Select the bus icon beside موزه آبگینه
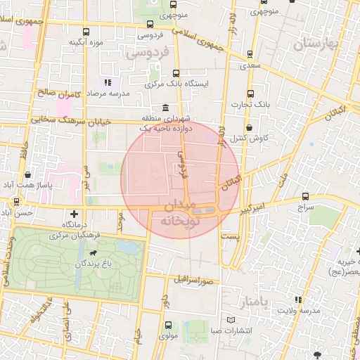coord(86,32)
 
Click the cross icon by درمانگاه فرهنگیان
coord(74,213)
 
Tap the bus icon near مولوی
coord(168,325)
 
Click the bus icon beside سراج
coord(305,197)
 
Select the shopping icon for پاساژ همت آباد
coord(27,174)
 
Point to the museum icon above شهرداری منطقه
coord(165,108)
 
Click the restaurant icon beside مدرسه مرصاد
coord(107,83)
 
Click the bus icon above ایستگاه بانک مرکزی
coord(176,72)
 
